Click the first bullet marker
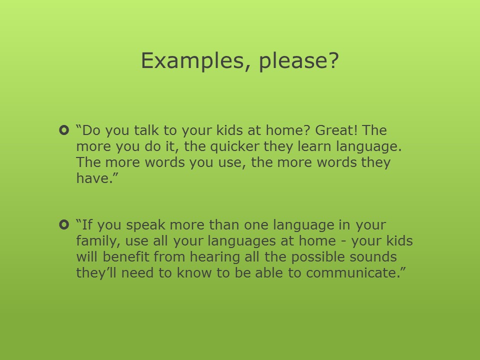click(64, 130)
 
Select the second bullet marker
click(64, 224)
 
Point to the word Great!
click(336, 130)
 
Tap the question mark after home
click(307, 130)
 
